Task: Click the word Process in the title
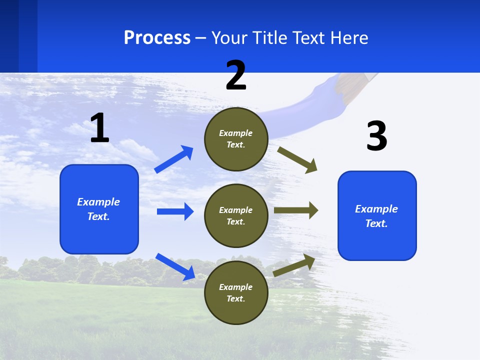point(157,37)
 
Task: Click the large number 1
point(99,128)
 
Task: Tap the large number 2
point(236,75)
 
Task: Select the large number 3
point(376,136)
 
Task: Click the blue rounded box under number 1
point(99,209)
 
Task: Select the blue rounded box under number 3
point(377,215)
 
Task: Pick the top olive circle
point(236,139)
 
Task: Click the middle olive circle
point(236,215)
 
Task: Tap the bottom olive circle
point(236,292)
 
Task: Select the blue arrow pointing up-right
point(174,159)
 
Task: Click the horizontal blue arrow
point(175,211)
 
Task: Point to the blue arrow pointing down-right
point(175,266)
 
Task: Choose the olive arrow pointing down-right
point(297,159)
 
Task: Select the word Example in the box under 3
point(376,209)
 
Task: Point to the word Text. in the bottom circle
point(236,298)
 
